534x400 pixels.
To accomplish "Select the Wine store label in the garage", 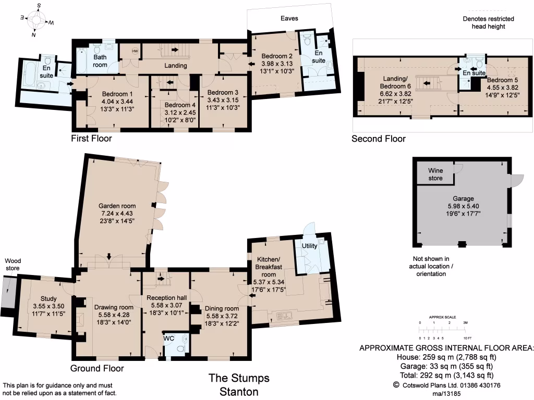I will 435,174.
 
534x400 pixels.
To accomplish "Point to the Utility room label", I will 310,245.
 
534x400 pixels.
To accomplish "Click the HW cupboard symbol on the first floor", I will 135,51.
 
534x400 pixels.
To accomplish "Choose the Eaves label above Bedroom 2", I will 289,18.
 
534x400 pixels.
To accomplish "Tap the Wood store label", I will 12,265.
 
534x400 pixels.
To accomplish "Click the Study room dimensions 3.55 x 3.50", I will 46,307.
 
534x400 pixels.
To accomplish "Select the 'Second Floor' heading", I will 378,139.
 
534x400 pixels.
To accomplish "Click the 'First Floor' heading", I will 91,139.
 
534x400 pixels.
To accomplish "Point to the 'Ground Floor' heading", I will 97,368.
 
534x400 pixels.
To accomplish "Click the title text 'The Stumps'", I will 239,378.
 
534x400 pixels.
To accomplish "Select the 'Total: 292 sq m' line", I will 447,375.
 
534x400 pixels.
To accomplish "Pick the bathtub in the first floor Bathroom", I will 83,61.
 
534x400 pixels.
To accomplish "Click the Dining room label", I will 221,308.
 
